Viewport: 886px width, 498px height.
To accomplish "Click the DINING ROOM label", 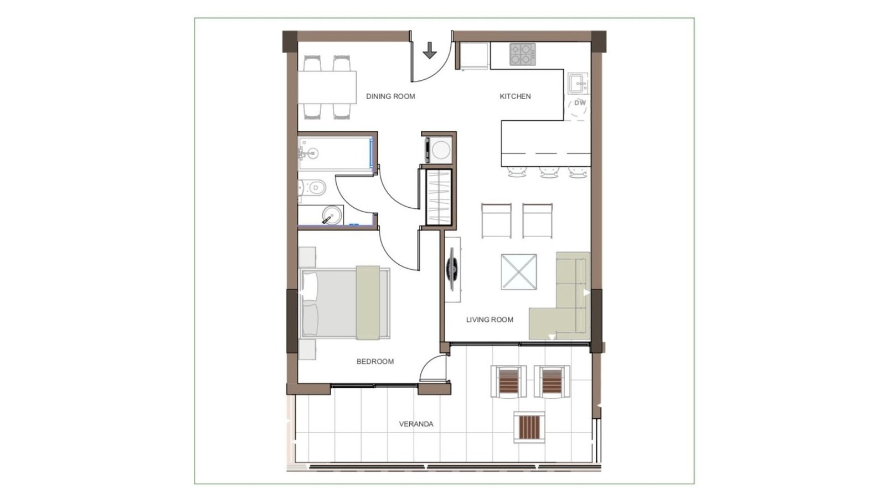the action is [390, 96].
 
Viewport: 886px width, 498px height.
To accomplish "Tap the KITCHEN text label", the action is [515, 96].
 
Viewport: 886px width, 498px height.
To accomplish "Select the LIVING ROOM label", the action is [490, 320].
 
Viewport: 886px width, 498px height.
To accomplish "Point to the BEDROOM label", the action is [375, 362].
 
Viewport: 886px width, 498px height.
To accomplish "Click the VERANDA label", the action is [416, 424].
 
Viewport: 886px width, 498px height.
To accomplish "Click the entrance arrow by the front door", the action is [430, 50].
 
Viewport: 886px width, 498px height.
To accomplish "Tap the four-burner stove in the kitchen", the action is [523, 54].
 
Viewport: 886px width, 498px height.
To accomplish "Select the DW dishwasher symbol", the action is [579, 106].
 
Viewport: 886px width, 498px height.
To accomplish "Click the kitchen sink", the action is [578, 83].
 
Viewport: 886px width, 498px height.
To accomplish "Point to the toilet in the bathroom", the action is [312, 188].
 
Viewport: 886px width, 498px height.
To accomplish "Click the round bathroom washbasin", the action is [332, 215].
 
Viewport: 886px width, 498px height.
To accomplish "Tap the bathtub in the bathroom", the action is [336, 153].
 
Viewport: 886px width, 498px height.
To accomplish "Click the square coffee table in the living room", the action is [519, 272].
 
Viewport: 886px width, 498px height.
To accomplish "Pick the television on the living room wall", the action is [452, 269].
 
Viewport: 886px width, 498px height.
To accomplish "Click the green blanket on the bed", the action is [368, 303].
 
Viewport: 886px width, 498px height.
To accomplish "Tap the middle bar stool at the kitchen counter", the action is [549, 172].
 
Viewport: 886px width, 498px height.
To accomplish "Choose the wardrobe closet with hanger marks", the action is [439, 197].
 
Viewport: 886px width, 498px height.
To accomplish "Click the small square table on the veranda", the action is [529, 427].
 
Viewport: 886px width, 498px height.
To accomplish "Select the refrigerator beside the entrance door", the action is [474, 56].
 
